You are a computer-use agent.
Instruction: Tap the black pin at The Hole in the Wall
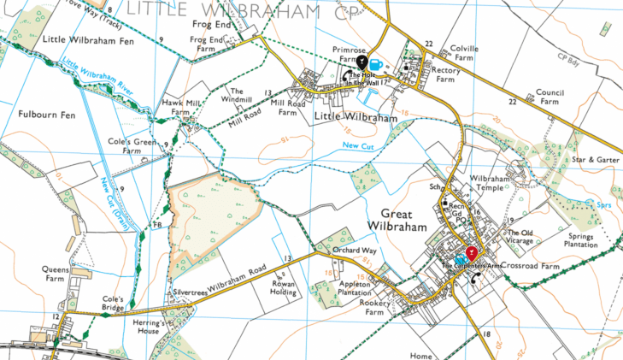click(x=362, y=62)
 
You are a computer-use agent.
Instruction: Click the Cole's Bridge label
click(x=115, y=303)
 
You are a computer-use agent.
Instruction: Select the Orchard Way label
click(x=356, y=251)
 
